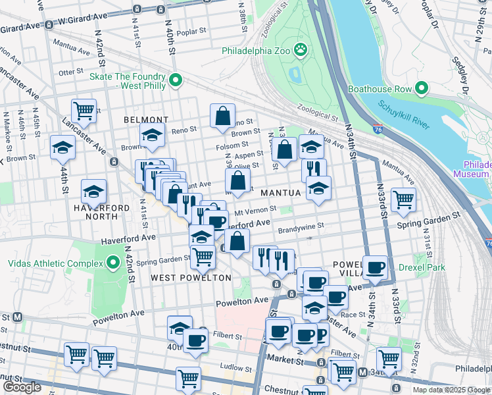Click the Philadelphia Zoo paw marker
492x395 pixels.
pyautogui.click(x=301, y=49)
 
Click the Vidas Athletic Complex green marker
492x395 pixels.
pyautogui.click(x=113, y=264)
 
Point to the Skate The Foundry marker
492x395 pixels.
pyautogui.click(x=176, y=80)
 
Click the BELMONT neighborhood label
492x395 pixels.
pyautogui.click(x=146, y=120)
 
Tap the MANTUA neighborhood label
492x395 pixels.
pyautogui.click(x=280, y=193)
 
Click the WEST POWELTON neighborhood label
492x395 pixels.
pyautogui.click(x=191, y=278)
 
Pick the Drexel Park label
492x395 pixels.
pyautogui.click(x=426, y=267)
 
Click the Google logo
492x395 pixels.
pyautogui.click(x=22, y=387)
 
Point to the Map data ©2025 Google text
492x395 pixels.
pyautogui.click(x=451, y=390)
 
